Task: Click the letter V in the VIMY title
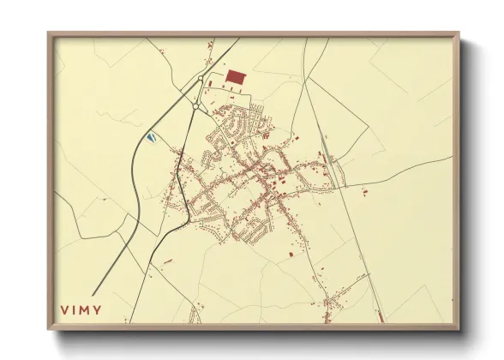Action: [x=64, y=310]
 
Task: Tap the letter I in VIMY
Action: [x=75, y=310]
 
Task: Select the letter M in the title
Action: [x=87, y=310]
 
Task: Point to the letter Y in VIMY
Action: [x=99, y=310]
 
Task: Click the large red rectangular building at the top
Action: [x=236, y=76]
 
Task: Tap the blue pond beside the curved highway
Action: [x=152, y=135]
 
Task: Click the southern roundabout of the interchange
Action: [x=196, y=106]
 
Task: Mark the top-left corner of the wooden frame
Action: [x=49, y=33]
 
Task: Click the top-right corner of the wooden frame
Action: [x=459, y=33]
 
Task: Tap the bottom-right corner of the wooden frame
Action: [x=459, y=329]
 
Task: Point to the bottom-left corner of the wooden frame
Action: [x=49, y=329]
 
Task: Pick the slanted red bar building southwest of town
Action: [x=168, y=260]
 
